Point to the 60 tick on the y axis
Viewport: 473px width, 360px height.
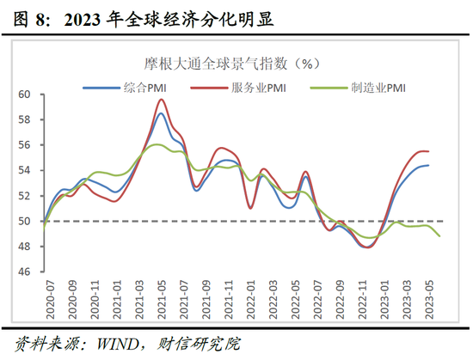click(x=24, y=95)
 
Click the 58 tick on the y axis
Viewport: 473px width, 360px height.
click(x=24, y=120)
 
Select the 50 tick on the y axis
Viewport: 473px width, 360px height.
click(x=24, y=222)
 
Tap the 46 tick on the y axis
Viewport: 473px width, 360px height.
click(x=24, y=272)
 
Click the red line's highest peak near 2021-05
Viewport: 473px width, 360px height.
click(x=161, y=100)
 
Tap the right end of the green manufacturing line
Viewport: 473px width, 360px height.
click(x=440, y=235)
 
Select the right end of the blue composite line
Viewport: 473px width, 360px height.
click(x=429, y=165)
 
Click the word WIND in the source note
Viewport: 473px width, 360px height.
click(x=118, y=344)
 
